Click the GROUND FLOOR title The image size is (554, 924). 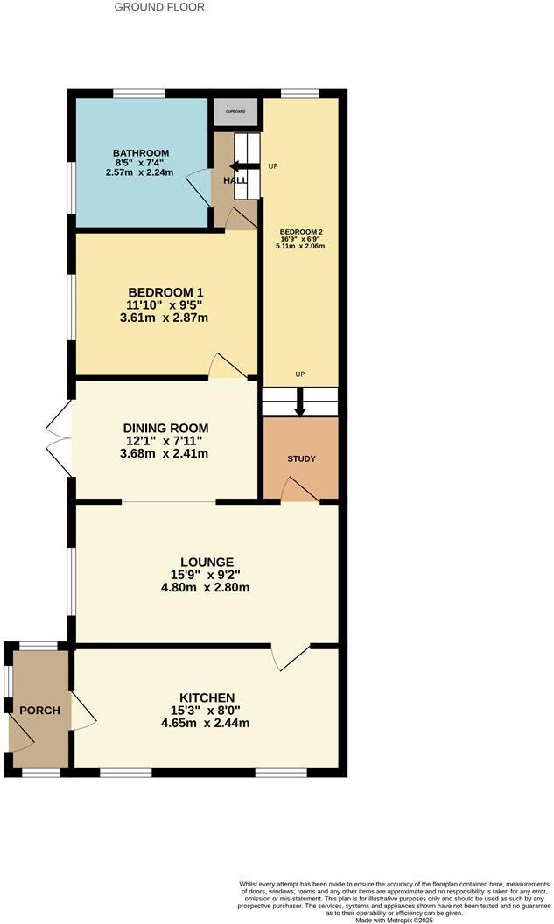[x=159, y=7]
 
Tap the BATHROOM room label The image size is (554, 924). [x=141, y=153]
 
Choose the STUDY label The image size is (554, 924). [x=301, y=458]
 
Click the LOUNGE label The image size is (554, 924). [x=207, y=562]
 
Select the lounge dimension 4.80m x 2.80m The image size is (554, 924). [x=207, y=587]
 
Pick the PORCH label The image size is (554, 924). [x=39, y=710]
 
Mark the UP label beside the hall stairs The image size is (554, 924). [x=273, y=166]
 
